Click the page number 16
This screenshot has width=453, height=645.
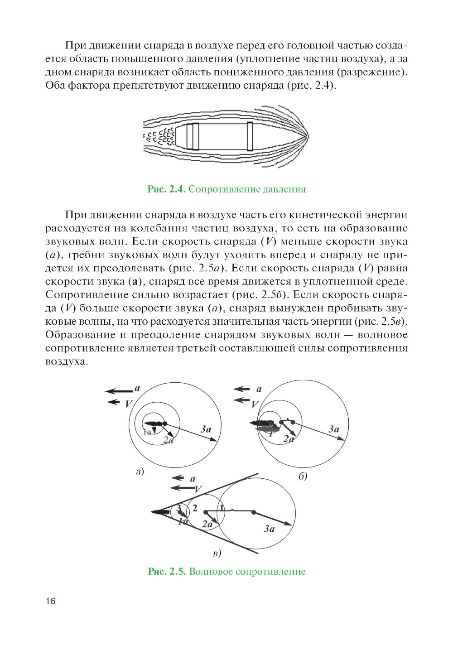[x=50, y=601]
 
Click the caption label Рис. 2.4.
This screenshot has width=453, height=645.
[x=166, y=189]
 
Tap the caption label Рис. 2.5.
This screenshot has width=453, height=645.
[x=167, y=572]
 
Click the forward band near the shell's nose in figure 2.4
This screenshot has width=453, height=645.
[x=250, y=136]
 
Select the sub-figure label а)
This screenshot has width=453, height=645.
[x=140, y=472]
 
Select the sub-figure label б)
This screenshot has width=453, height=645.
[x=303, y=476]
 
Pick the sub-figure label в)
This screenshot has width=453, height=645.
[x=217, y=553]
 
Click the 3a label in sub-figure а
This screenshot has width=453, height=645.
[x=206, y=429]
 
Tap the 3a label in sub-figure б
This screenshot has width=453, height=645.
[x=334, y=429]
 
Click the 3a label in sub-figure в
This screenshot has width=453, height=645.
[x=270, y=529]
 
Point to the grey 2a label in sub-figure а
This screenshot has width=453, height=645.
[x=168, y=440]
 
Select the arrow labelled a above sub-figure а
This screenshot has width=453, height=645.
[x=119, y=391]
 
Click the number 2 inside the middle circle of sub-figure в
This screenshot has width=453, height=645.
[x=195, y=508]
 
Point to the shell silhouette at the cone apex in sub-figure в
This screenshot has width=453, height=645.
[x=160, y=512]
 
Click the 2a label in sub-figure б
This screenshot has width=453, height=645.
[x=289, y=439]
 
